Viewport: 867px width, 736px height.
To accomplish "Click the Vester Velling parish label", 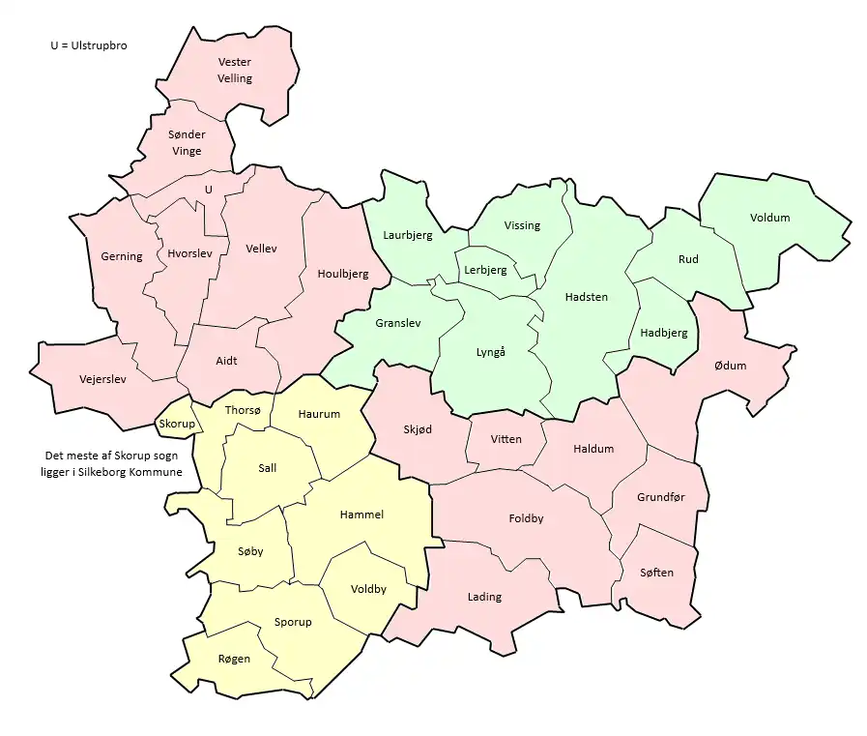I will tap(235, 71).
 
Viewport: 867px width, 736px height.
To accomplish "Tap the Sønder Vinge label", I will tap(187, 142).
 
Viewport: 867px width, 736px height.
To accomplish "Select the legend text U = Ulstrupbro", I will tap(89, 45).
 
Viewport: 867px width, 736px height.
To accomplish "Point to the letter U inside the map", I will tap(208, 190).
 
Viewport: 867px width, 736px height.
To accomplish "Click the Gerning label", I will tap(122, 256).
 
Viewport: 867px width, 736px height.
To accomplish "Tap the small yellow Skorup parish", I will tap(177, 424).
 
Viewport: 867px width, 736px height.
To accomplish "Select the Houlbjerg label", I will tap(343, 274).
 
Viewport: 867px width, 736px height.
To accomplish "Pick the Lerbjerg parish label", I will tap(485, 270).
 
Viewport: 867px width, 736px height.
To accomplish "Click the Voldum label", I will tap(769, 218).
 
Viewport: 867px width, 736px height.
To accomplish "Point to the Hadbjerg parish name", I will tap(664, 333).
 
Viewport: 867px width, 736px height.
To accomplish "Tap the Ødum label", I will tap(730, 365).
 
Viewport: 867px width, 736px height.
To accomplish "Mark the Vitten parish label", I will tap(506, 439).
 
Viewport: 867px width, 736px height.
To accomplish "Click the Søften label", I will tap(656, 573).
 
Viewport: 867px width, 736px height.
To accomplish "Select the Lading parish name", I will tap(484, 597).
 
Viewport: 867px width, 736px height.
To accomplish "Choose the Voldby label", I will tap(368, 589).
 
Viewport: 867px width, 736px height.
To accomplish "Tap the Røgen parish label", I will tap(234, 659).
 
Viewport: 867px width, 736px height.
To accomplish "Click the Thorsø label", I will tap(243, 410).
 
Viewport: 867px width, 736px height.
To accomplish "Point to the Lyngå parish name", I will tap(491, 352).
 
